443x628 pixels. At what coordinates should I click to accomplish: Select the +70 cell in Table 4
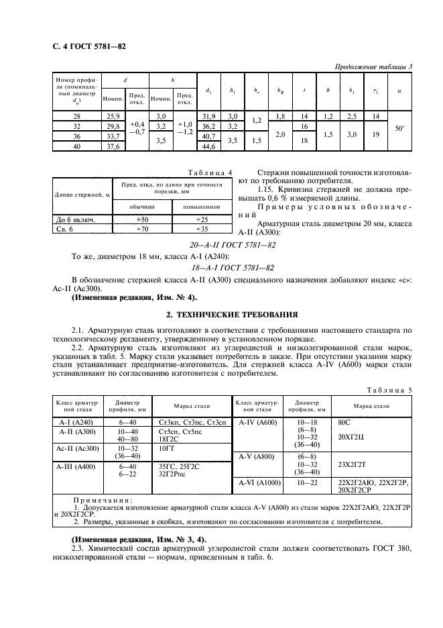(x=142, y=229)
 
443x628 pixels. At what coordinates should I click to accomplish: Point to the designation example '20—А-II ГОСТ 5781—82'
(x=221, y=245)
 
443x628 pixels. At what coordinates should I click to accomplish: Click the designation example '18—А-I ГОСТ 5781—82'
(x=221, y=267)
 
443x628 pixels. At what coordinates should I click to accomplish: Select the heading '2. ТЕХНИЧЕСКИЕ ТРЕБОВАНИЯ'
(x=221, y=314)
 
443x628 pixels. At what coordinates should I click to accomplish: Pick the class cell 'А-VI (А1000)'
(x=258, y=482)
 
